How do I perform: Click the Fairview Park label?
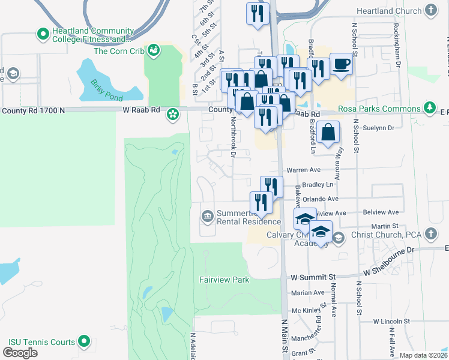coord(224,280)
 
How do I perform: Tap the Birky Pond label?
coord(106,90)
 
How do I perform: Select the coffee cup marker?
coord(341,64)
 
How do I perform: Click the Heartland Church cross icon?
coord(430,10)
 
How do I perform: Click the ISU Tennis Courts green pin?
coord(85,342)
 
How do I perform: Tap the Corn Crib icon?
coord(154,50)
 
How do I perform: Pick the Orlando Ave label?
coord(322,199)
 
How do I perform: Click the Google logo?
coord(20,352)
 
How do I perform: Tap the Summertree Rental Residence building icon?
coord(208,215)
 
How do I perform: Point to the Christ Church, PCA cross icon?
coord(430,233)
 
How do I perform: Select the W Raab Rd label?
coord(142,110)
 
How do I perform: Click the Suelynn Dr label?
coord(382,128)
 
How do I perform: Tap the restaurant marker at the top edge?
coord(258,14)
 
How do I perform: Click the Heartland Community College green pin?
coord(43,34)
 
